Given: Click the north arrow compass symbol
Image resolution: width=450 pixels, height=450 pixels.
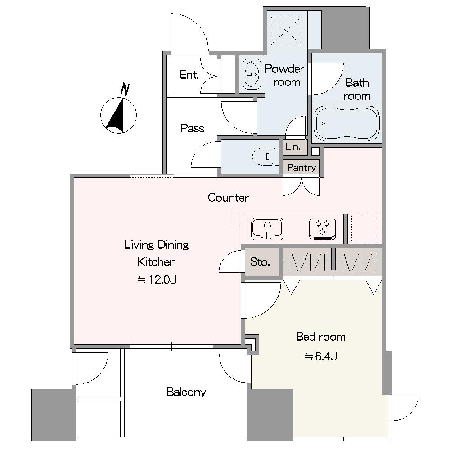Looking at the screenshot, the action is [118, 116].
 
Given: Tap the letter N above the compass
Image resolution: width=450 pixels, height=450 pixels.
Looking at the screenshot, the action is [125, 89].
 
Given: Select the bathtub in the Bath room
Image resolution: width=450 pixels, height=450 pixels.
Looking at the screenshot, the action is [346, 123].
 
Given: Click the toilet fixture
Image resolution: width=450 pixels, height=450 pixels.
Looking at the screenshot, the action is [265, 157].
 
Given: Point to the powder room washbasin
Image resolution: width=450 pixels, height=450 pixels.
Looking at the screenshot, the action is [252, 74].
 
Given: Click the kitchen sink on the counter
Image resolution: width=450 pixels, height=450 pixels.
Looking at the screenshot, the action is [267, 229].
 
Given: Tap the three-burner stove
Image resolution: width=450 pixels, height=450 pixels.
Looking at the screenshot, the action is [323, 229].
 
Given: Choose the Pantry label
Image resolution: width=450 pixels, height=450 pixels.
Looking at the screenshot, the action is [301, 167].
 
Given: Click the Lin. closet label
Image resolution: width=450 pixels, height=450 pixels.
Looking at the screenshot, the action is [293, 147].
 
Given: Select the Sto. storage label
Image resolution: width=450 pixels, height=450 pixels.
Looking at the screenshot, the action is [260, 262].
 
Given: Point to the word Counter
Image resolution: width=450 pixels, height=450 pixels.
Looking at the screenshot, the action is [228, 198].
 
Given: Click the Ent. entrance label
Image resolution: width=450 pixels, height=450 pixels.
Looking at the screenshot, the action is [189, 75].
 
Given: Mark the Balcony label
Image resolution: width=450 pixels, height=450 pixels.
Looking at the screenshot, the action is [187, 392].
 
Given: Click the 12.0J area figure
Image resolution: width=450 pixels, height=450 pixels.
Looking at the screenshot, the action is [157, 279].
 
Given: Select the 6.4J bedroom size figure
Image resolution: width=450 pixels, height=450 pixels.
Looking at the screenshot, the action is [321, 356].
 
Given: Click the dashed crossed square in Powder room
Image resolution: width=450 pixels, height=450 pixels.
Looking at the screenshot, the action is [286, 31].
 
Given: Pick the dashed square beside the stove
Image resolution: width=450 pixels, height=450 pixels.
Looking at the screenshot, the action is [364, 229].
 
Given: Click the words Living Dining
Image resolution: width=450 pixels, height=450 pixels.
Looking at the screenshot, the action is [157, 245].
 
